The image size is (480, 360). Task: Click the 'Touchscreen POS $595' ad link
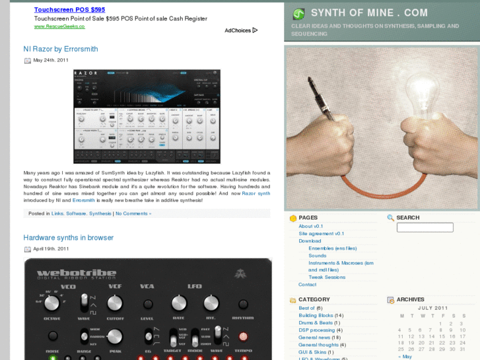click(69, 10)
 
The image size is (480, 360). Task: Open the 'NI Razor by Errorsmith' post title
click(60, 49)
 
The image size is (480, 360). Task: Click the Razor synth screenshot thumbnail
click(147, 116)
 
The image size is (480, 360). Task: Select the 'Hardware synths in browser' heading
click(68, 238)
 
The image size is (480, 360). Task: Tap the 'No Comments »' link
click(133, 213)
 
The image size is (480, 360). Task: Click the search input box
click(425, 227)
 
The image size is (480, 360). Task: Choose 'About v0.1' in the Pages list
click(310, 226)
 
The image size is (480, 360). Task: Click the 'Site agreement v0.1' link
click(321, 233)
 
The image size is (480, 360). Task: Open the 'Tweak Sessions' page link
click(327, 277)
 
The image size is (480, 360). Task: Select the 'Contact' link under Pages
click(307, 285)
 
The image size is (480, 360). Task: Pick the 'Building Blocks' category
click(316, 316)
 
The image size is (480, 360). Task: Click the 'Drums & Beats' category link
click(315, 323)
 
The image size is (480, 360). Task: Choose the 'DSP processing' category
click(316, 330)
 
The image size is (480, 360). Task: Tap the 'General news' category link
click(314, 338)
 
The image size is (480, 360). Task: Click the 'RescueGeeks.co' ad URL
click(59, 26)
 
